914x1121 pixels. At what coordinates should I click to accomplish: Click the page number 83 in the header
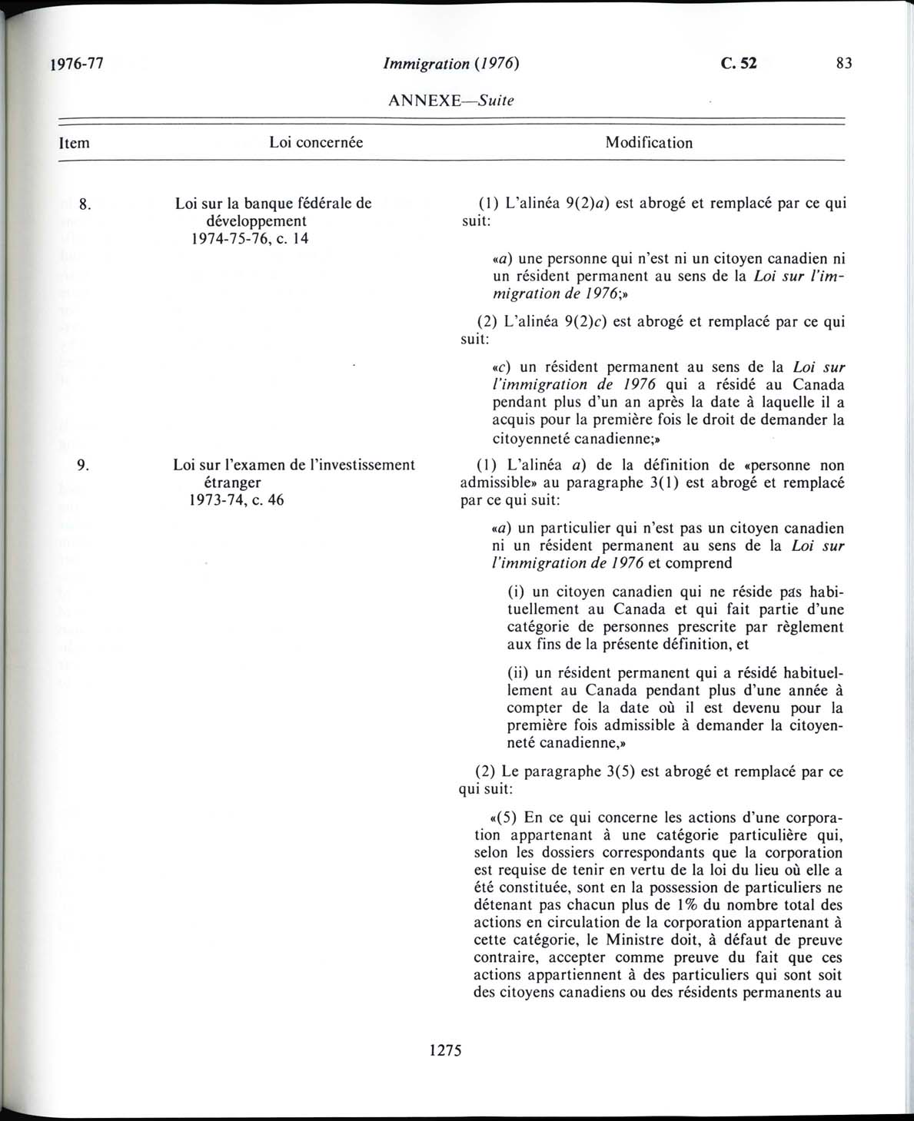tap(844, 64)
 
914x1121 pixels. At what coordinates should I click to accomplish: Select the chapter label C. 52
tap(739, 64)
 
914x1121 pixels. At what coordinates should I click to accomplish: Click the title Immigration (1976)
tap(451, 64)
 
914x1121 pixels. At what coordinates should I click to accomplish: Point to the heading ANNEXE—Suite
tap(451, 100)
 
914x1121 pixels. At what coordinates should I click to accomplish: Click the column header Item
tap(74, 143)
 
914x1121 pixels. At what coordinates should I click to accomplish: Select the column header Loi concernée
tap(316, 142)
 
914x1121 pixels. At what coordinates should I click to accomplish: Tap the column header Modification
tap(649, 142)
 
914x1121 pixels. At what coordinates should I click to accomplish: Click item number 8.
tap(85, 204)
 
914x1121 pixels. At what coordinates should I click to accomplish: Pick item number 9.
tap(84, 465)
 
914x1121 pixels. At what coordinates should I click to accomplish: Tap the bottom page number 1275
tap(446, 1050)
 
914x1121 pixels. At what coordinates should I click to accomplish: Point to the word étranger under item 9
tap(228, 483)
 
